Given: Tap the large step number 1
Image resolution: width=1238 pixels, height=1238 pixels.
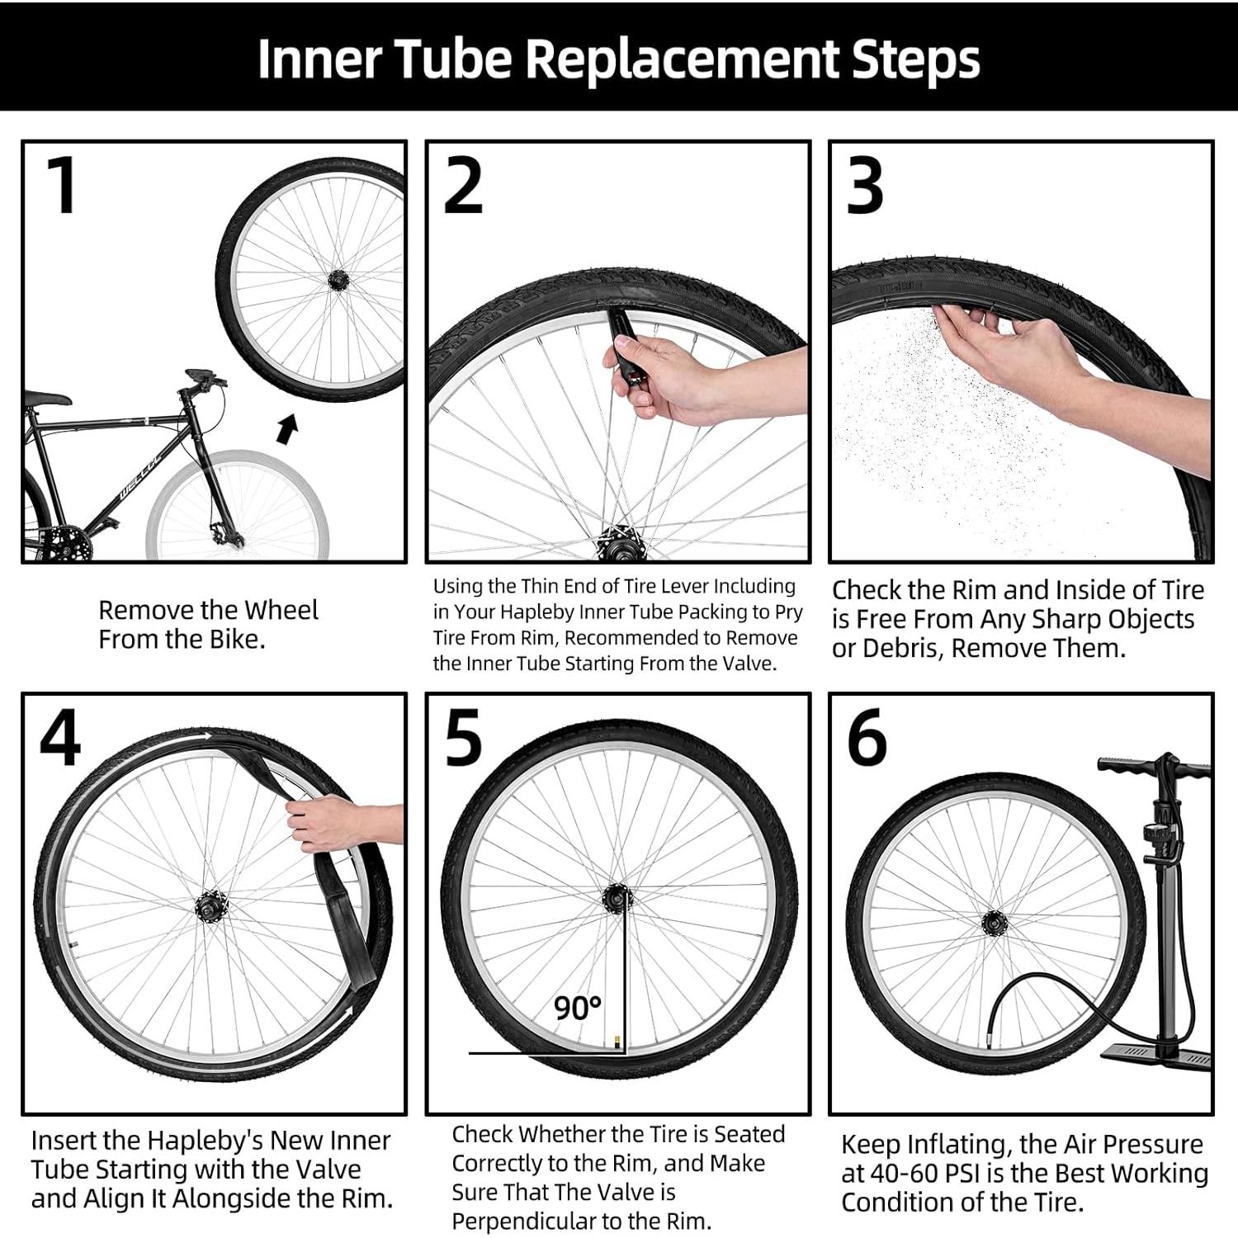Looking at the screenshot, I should pyautogui.click(x=62, y=185).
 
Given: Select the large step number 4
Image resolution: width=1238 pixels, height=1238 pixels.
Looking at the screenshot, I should pyautogui.click(x=60, y=737).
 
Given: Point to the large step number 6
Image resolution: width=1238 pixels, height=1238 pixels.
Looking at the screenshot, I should pyautogui.click(x=867, y=737).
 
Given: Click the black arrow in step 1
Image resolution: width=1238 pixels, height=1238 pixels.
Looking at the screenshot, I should pyautogui.click(x=286, y=429).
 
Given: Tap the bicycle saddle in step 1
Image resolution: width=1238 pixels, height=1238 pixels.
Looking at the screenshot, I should pyautogui.click(x=46, y=398).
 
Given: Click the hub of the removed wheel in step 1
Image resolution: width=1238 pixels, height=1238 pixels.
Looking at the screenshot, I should pyautogui.click(x=337, y=281).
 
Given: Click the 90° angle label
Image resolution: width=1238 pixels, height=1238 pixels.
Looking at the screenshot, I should pyautogui.click(x=577, y=1008).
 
